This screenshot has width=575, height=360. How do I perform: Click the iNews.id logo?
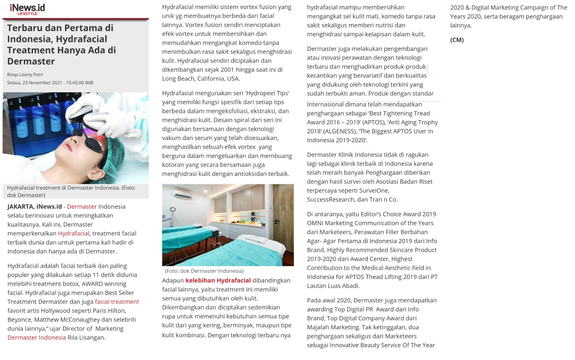point(27,7)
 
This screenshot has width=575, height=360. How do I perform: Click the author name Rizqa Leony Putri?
point(25,75)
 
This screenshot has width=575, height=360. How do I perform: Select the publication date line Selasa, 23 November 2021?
point(50,83)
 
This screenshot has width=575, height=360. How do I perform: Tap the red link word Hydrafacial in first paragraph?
point(73,233)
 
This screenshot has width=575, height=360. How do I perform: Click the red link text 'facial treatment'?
point(117,302)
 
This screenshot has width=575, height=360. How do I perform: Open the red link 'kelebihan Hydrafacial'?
point(218,280)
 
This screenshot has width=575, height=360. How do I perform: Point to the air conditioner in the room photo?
point(183,195)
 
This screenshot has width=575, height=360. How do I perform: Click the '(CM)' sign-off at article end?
point(457,40)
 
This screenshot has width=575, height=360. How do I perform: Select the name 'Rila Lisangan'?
point(86,337)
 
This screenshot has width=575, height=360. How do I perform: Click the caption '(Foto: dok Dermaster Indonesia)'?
point(204,271)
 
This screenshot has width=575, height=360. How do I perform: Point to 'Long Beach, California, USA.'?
point(201,79)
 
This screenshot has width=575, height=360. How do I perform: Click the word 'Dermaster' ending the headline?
point(31,61)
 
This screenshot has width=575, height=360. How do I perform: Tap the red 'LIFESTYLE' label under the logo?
point(27,14)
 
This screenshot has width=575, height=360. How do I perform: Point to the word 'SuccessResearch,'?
point(331,200)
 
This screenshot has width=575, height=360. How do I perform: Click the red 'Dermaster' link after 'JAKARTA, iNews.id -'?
point(82,207)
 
